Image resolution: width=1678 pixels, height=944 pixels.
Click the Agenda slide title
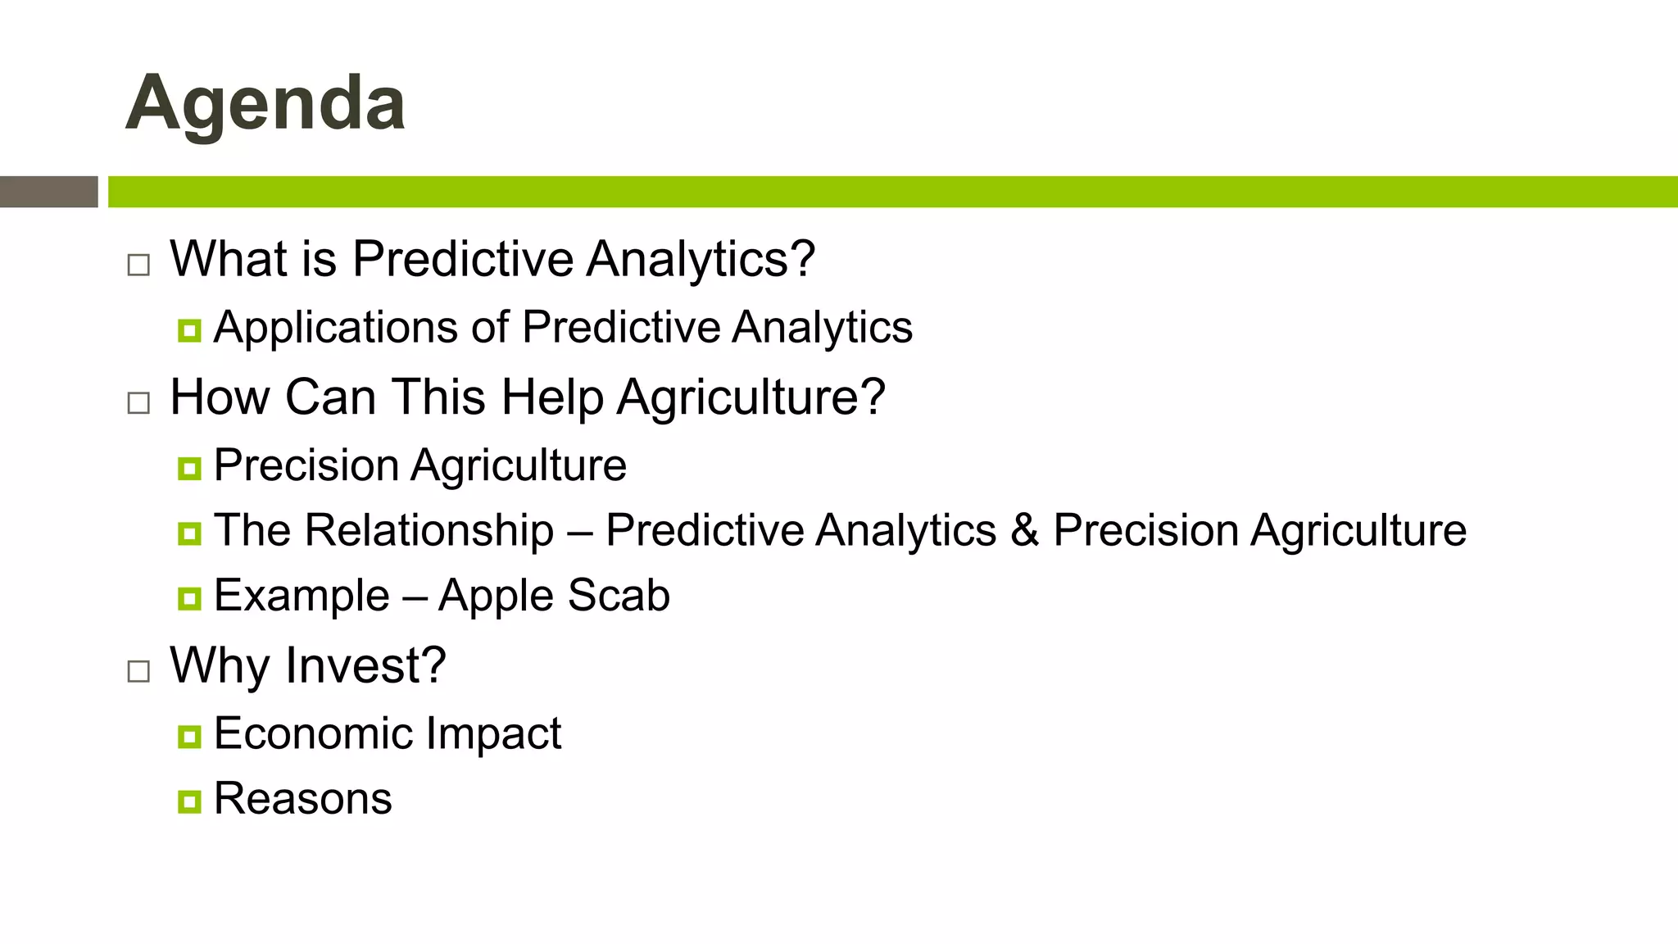click(265, 103)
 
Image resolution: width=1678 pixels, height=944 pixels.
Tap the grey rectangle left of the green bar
click(48, 192)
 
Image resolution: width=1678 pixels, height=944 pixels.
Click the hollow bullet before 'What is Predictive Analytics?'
click(138, 265)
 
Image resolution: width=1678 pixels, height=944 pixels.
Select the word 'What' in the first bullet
click(229, 259)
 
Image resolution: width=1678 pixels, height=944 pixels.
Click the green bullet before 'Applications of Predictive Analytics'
click(189, 331)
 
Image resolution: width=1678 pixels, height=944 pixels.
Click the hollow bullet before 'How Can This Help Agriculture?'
click(138, 402)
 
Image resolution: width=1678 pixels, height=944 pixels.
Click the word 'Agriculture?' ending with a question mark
click(751, 398)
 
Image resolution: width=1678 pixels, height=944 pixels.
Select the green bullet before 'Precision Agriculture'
click(189, 469)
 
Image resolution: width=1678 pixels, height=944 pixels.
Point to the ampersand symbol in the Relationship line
click(1024, 530)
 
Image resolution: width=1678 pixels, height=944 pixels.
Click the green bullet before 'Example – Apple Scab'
click(189, 598)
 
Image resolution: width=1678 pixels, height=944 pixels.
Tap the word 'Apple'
click(496, 596)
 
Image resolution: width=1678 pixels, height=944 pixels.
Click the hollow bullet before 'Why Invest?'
click(138, 671)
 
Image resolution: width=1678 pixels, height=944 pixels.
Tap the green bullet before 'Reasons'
click(189, 801)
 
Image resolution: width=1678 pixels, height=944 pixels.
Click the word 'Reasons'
click(302, 799)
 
